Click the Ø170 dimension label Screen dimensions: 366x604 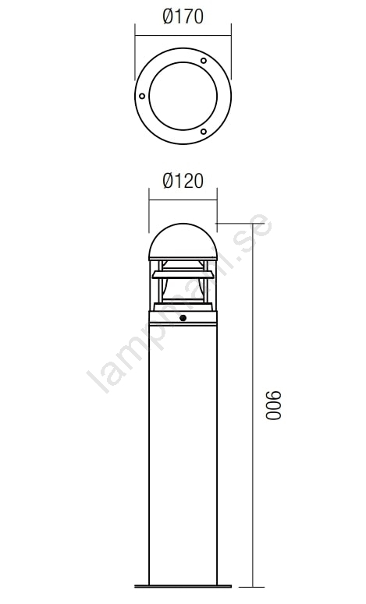click(183, 17)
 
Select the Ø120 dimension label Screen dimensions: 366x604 click(183, 181)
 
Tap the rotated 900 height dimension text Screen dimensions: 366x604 click(274, 405)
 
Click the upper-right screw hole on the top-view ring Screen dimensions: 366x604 click(204, 61)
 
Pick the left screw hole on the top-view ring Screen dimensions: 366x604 click(142, 96)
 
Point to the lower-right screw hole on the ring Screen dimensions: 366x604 click(203, 132)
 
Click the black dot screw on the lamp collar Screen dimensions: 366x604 click(183, 318)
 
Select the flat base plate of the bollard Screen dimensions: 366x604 click(183, 586)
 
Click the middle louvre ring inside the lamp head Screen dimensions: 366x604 click(183, 274)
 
